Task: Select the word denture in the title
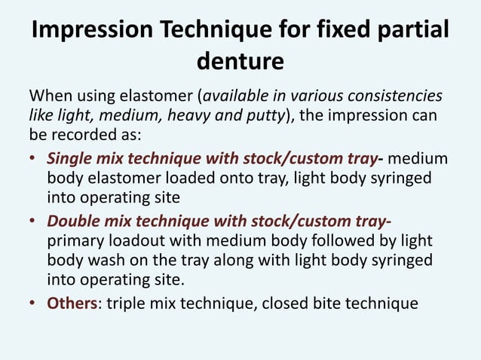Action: point(240,61)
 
